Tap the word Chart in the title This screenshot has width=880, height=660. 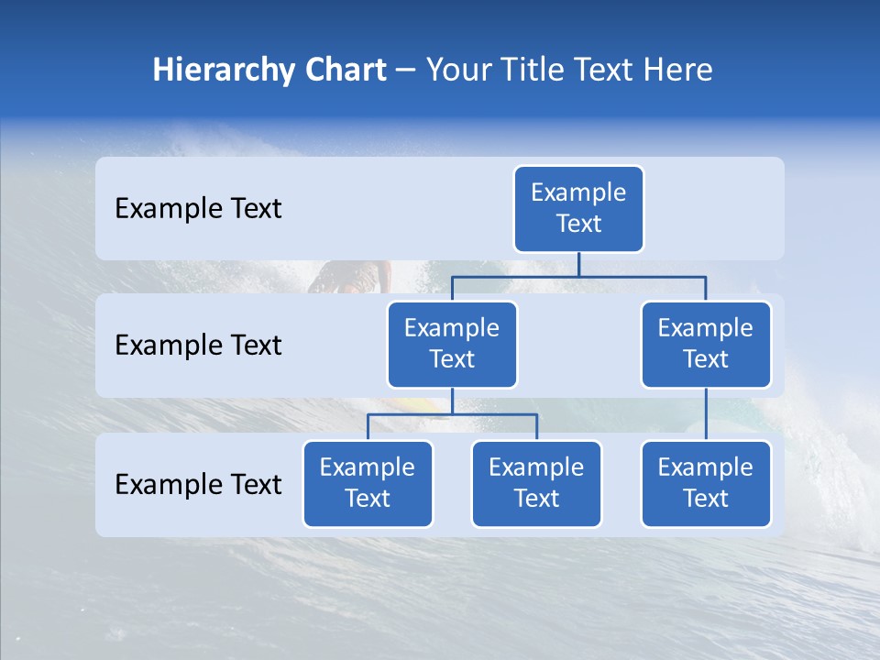coord(344,71)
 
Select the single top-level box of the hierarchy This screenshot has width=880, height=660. coord(578,209)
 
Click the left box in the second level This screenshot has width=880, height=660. coord(452,345)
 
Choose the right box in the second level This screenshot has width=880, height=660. coord(706,345)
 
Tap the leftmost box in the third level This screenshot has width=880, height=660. coord(368,484)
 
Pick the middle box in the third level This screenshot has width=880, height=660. coord(536,484)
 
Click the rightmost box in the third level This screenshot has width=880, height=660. coord(706,484)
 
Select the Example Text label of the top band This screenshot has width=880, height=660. coord(198,209)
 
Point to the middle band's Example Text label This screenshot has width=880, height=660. coord(198,346)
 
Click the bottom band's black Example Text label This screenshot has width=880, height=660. coord(198,485)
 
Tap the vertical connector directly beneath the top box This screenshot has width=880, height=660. coord(578,264)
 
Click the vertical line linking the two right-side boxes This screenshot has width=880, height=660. coord(706,414)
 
